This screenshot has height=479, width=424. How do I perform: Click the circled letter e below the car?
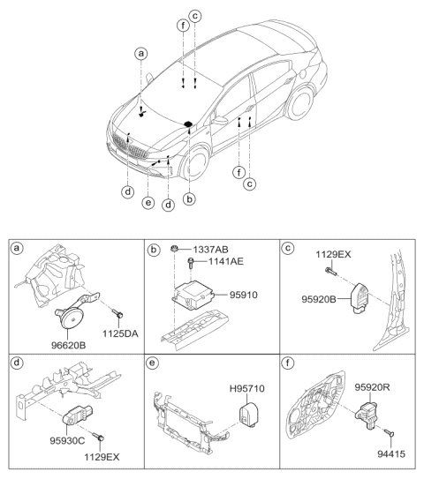(148, 203)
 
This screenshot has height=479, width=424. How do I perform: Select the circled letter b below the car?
(188, 198)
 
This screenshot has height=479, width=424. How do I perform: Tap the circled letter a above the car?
(140, 54)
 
